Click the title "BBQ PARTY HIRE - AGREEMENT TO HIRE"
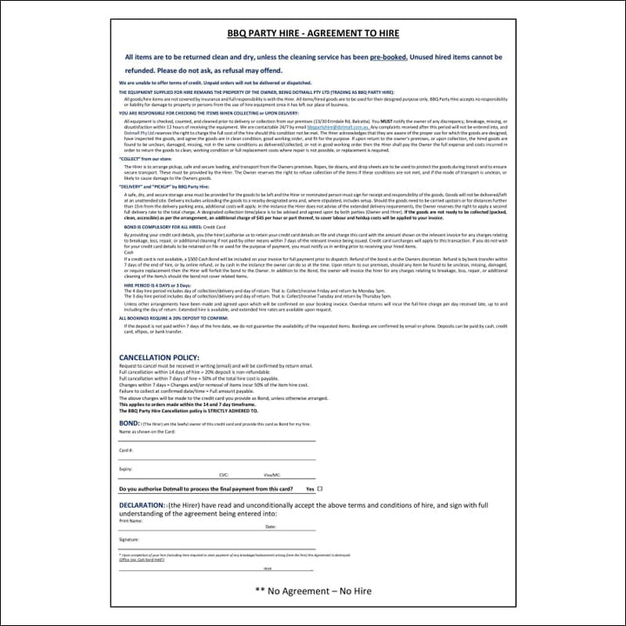(313, 34)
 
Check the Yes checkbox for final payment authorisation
(320, 489)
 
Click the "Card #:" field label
(127, 450)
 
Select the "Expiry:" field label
(126, 469)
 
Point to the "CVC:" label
(224, 475)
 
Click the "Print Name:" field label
(131, 521)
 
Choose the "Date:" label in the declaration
(270, 527)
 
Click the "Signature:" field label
(130, 540)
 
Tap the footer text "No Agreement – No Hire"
(318, 591)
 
